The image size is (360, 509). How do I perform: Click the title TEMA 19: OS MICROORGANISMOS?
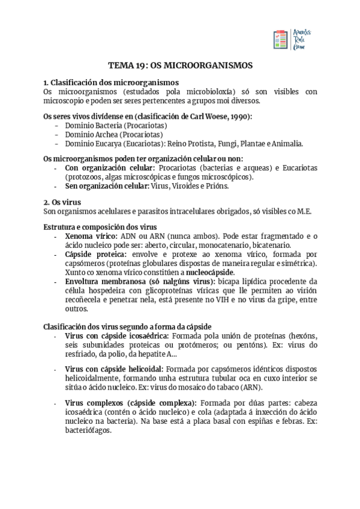point(180,65)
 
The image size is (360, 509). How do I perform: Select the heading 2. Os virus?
point(63,202)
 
